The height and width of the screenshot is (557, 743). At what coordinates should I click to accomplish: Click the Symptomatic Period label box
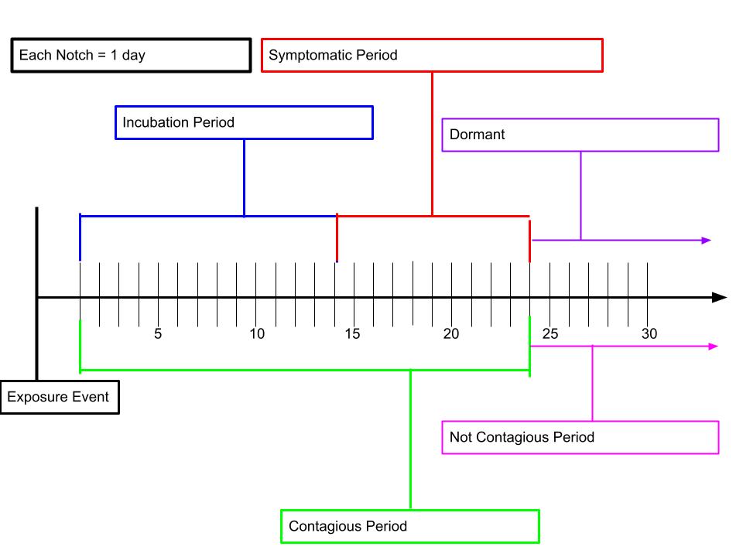tap(432, 55)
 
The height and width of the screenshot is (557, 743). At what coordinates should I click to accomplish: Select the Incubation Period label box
tap(244, 123)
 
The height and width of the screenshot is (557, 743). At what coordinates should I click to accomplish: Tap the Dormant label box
tap(580, 135)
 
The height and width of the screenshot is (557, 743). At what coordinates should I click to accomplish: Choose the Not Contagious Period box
tap(580, 437)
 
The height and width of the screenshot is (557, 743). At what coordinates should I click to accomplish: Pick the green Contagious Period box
tap(410, 526)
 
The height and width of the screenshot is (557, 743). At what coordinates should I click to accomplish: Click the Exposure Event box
tap(60, 397)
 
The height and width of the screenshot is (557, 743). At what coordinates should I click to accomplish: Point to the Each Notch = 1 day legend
tap(131, 56)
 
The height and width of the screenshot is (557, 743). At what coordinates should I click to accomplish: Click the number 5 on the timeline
tap(158, 334)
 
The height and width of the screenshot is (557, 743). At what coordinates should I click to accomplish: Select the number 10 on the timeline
tap(257, 334)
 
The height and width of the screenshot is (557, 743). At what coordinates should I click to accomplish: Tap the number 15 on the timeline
tap(352, 334)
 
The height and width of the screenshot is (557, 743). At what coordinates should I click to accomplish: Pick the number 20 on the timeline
tap(451, 334)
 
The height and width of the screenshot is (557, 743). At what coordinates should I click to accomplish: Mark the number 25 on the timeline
tap(550, 334)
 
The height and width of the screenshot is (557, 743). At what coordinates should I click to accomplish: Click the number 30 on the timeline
tap(649, 334)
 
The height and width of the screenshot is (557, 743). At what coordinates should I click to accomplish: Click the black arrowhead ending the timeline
tap(719, 297)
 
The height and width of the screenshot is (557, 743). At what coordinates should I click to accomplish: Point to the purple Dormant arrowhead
tap(706, 241)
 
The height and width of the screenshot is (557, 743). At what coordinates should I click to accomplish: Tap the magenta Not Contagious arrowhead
tap(713, 347)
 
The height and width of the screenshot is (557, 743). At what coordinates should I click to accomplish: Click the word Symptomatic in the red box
tap(310, 56)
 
